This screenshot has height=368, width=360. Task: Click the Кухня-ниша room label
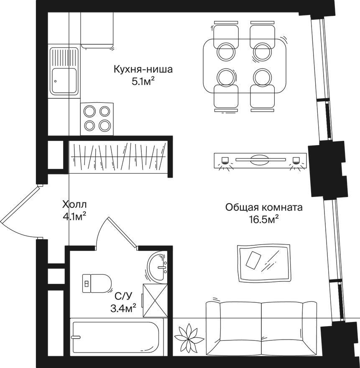pos(143,69)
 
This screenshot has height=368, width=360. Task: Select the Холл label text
pos(74,204)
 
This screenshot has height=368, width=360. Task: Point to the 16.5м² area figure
pos(264,220)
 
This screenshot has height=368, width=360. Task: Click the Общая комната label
pos(264,207)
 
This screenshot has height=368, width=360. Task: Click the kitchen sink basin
pos(64,81)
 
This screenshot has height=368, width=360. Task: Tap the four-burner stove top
pos(97,119)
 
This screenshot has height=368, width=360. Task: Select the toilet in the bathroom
pos(97,283)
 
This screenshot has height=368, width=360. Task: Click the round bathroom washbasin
pos(157,266)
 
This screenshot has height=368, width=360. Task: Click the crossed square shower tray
pos(155,301)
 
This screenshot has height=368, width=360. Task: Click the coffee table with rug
pos(264,263)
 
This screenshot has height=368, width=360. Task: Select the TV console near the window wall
pos(260,161)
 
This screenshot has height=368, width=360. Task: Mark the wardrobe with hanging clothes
pos(118,157)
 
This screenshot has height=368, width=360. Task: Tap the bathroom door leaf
pos(122,232)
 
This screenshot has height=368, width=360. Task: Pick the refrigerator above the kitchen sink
pos(97,30)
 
